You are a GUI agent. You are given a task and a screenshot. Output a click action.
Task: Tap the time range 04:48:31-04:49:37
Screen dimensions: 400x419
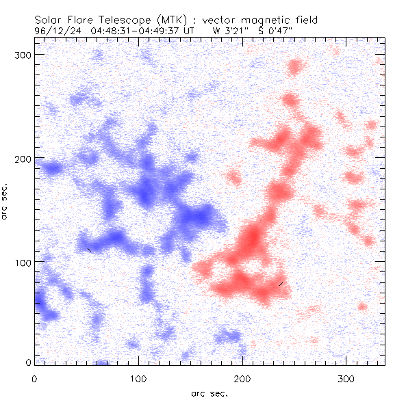pos(137,31)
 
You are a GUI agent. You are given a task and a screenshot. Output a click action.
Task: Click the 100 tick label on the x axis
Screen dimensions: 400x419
pos(138,378)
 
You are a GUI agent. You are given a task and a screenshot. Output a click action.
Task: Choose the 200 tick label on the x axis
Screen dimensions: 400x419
pos(243,378)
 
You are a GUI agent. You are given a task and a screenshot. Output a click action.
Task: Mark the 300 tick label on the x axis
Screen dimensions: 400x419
pos(348,378)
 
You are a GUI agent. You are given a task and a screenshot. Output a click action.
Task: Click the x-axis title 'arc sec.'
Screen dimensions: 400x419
pos(209,393)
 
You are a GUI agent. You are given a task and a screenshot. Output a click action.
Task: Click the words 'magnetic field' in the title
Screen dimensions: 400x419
pos(270,21)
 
